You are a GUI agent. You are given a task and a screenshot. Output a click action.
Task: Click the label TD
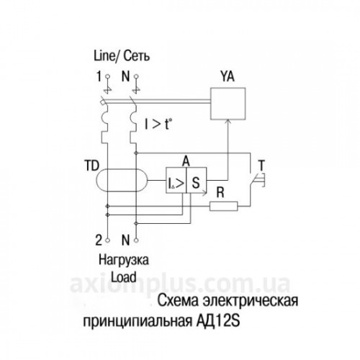tap(92, 166)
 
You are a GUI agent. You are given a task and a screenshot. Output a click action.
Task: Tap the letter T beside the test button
tap(261, 165)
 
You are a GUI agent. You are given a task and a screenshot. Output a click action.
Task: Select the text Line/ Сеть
tap(122, 56)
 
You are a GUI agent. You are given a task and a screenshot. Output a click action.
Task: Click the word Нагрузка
tap(124, 261)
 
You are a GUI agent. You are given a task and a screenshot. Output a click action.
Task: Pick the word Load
tap(124, 277)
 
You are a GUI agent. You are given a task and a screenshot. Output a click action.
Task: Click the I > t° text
tap(158, 124)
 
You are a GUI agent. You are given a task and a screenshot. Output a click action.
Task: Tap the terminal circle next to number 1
tap(107, 76)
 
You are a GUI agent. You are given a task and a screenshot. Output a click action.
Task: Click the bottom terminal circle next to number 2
tap(107, 240)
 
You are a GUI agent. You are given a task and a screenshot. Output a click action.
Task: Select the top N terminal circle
tap(136, 76)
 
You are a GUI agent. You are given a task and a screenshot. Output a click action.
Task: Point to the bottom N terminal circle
tap(136, 240)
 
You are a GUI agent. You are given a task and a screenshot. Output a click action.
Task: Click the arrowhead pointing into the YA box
tap(228, 122)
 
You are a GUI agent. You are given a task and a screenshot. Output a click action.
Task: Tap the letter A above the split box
tap(186, 161)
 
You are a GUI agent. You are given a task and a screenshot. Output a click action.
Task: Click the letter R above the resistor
tap(220, 193)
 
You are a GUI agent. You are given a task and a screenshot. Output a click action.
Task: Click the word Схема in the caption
tap(179, 301)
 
